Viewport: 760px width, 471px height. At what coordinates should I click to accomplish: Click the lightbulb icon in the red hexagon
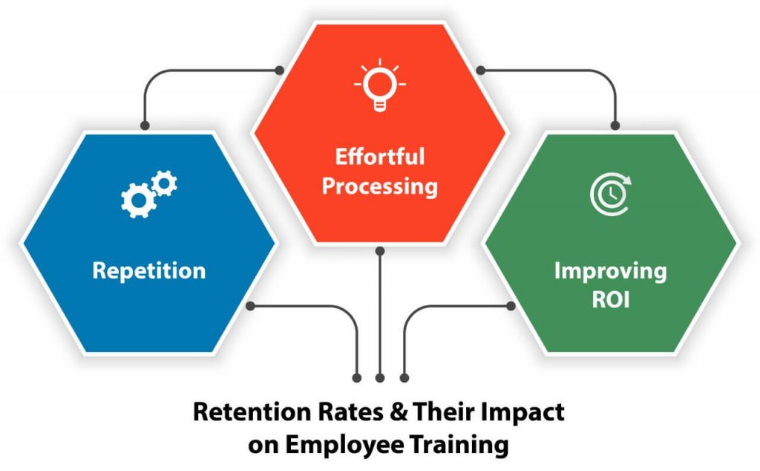coord(380,85)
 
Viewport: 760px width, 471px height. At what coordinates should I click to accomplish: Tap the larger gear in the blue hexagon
coord(138,200)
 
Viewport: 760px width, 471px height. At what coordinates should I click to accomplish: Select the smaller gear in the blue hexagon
coord(164,183)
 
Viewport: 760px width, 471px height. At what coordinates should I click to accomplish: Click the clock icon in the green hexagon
coord(611,194)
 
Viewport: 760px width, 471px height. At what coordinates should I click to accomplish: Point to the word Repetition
coord(148,270)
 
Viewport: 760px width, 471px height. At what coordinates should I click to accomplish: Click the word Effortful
coord(380,157)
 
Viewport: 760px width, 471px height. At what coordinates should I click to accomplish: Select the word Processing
coord(380,186)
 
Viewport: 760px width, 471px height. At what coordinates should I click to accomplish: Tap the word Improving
coord(610,271)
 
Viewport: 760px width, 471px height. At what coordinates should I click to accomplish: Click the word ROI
coord(611,300)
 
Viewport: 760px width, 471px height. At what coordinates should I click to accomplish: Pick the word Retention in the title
coord(252,412)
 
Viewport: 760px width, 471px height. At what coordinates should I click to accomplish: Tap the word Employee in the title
coord(344,445)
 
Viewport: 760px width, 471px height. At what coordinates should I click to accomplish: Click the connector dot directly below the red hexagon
coord(380,251)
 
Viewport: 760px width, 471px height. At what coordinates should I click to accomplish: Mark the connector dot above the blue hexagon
coord(145,126)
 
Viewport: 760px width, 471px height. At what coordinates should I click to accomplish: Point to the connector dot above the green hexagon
coord(615,126)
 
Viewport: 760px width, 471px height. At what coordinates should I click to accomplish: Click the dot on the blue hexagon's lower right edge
coord(250,306)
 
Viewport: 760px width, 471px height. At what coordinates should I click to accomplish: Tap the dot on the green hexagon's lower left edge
coord(511,306)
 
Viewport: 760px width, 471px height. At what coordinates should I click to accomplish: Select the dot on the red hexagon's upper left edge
coord(279,71)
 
